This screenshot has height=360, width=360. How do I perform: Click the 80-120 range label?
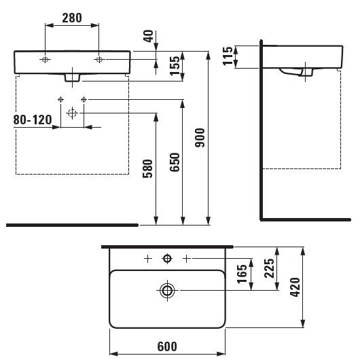pos(33,120)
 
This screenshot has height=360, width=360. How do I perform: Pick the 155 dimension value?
pos(175,66)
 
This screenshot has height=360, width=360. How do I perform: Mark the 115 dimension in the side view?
pos(228,56)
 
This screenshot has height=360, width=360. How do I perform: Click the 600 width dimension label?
pos(166,346)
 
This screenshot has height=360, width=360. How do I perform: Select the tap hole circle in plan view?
pos(167,259)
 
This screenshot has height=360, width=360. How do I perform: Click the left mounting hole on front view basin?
pos(45,60)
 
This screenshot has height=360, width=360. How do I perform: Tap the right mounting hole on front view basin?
pos(99,60)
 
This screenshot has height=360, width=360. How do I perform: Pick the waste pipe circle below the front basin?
pos(72,114)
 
